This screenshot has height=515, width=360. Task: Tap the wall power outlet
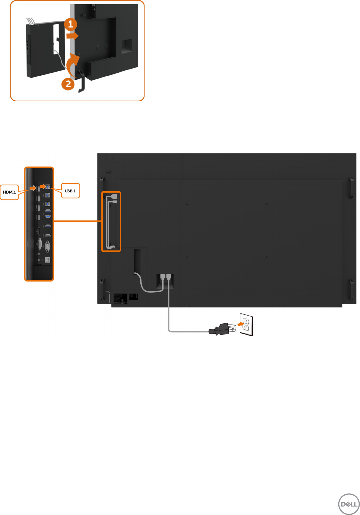tap(246, 324)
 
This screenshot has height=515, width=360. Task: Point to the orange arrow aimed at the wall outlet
tap(239, 324)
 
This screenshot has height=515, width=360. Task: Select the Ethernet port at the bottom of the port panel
tap(47, 259)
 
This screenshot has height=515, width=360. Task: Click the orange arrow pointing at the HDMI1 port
tap(31, 188)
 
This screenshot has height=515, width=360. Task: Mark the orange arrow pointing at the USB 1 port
tap(43, 186)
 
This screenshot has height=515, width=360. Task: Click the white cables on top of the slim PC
tap(32, 20)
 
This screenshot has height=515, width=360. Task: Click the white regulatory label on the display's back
tap(120, 298)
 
